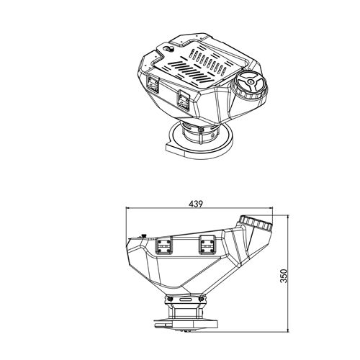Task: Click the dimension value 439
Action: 196,204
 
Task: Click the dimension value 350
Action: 284,276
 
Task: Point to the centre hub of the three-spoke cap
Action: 251,81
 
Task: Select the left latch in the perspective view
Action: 153,84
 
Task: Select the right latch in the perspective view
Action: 184,100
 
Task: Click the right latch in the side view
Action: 208,244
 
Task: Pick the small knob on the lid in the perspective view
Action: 171,49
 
